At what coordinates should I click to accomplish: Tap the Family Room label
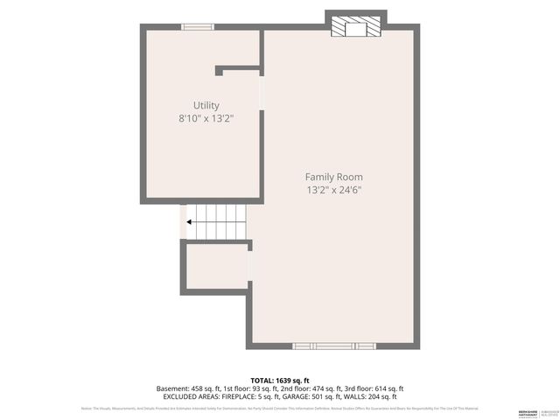click(333, 177)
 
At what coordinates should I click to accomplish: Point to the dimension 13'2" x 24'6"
click(333, 189)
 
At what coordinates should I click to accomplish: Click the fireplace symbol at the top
click(355, 28)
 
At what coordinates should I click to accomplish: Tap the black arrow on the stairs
click(190, 222)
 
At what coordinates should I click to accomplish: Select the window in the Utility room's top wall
click(198, 26)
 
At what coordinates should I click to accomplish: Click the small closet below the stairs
click(216, 267)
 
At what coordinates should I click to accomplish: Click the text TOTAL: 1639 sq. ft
click(280, 380)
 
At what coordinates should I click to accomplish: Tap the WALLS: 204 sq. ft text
click(384, 396)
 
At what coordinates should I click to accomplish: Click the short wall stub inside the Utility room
click(236, 66)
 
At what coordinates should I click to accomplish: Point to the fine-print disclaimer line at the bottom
click(280, 409)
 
